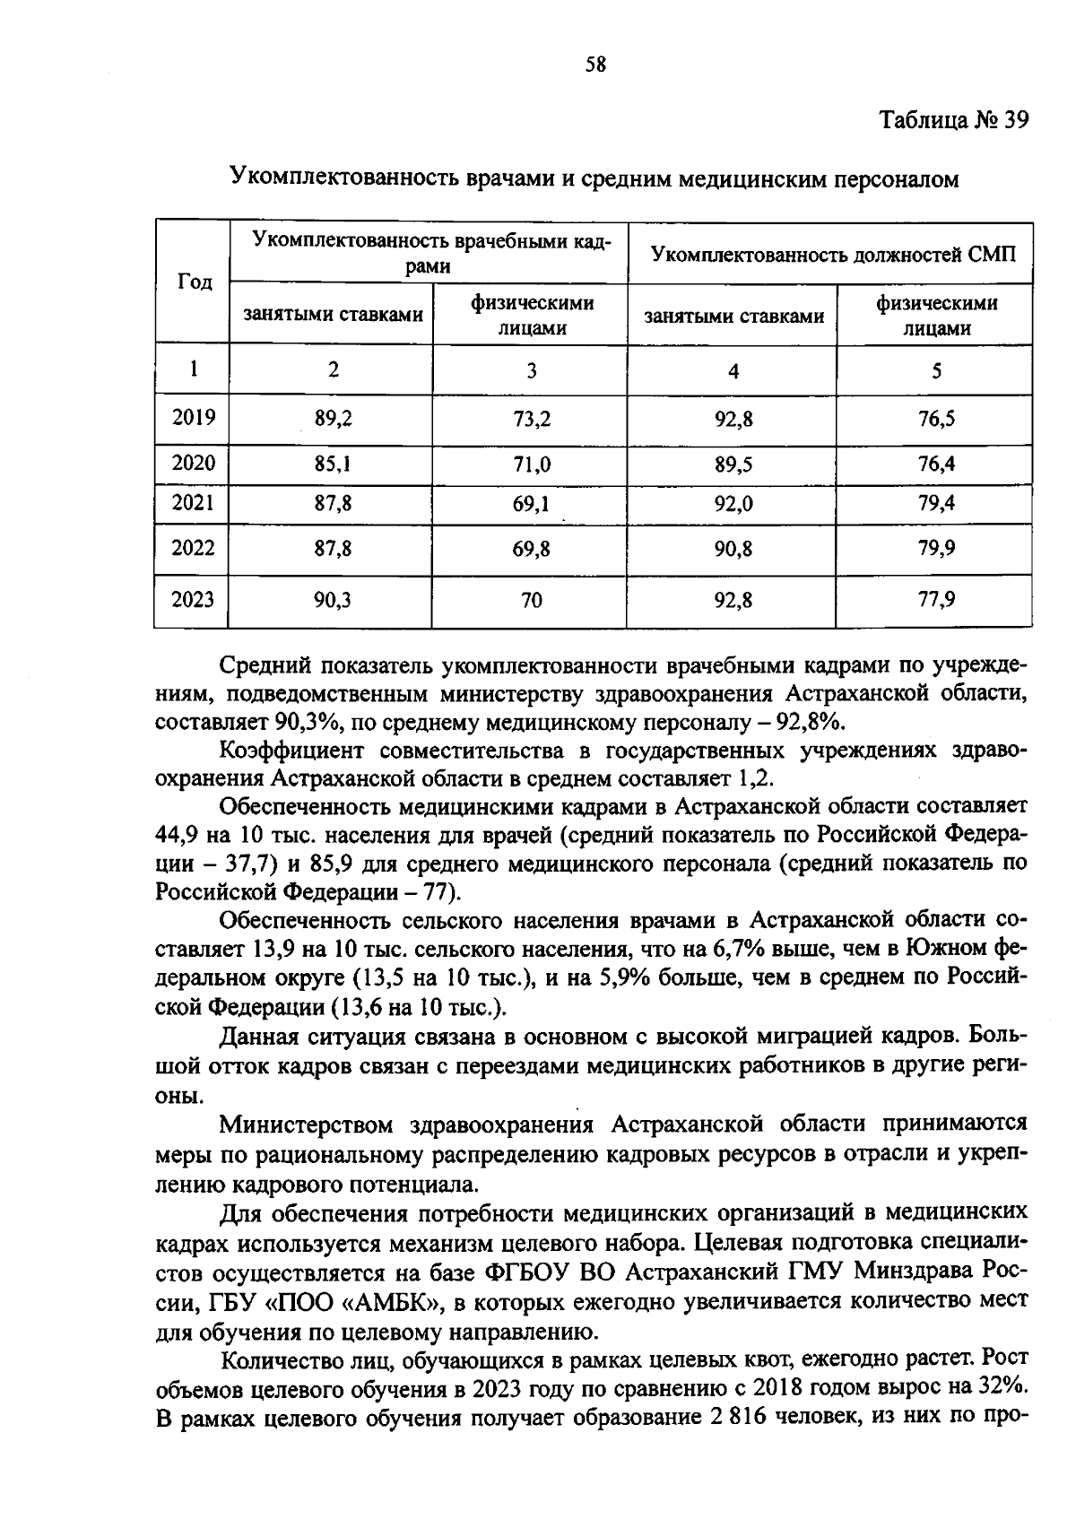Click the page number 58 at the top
(x=595, y=65)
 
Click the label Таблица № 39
(x=952, y=120)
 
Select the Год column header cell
(x=195, y=282)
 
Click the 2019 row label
(x=194, y=418)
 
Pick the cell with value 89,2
(x=333, y=419)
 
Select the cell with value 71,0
(x=532, y=465)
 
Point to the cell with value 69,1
(x=532, y=505)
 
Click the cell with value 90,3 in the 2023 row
(x=333, y=600)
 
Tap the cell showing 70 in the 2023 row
(x=532, y=601)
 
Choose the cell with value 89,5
(x=733, y=465)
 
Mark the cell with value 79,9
(x=936, y=549)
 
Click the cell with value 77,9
(x=936, y=599)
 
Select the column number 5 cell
(x=936, y=370)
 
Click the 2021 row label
(x=194, y=503)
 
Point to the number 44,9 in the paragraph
(x=177, y=836)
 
